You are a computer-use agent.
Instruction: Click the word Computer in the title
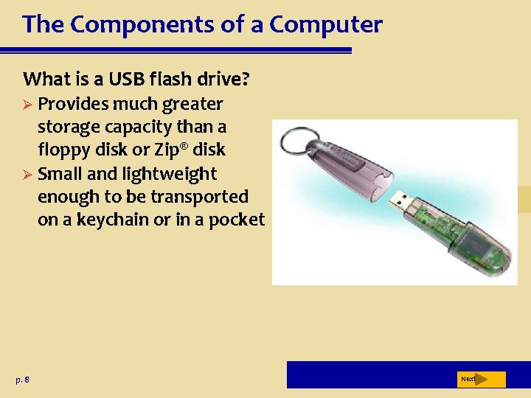[326, 24]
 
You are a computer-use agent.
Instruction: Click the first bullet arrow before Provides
[29, 104]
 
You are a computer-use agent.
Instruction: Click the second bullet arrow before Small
[29, 175]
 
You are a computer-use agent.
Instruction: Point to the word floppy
[63, 150]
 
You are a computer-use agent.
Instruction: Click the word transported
[199, 197]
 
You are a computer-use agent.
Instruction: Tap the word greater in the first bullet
[189, 103]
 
